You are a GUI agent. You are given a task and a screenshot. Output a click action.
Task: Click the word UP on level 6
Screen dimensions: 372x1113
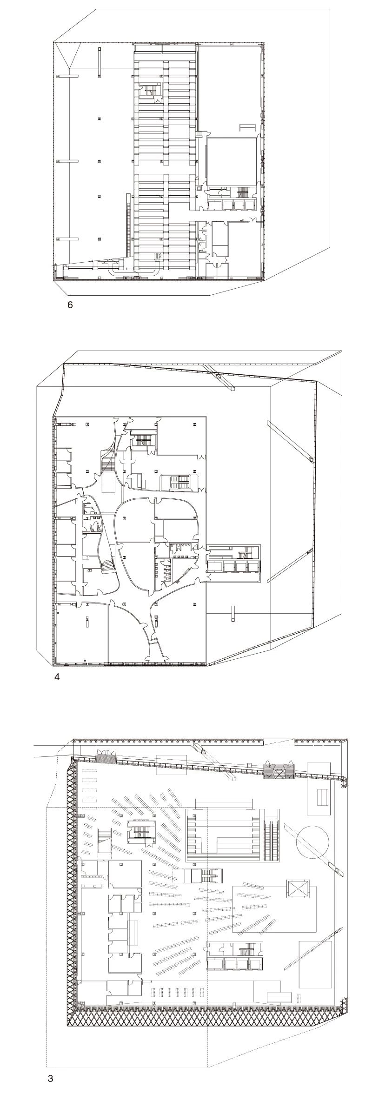point(157,256)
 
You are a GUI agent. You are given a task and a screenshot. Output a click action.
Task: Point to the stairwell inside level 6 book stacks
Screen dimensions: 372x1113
point(150,91)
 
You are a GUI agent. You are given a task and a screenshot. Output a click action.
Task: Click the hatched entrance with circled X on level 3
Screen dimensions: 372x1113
point(279,772)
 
